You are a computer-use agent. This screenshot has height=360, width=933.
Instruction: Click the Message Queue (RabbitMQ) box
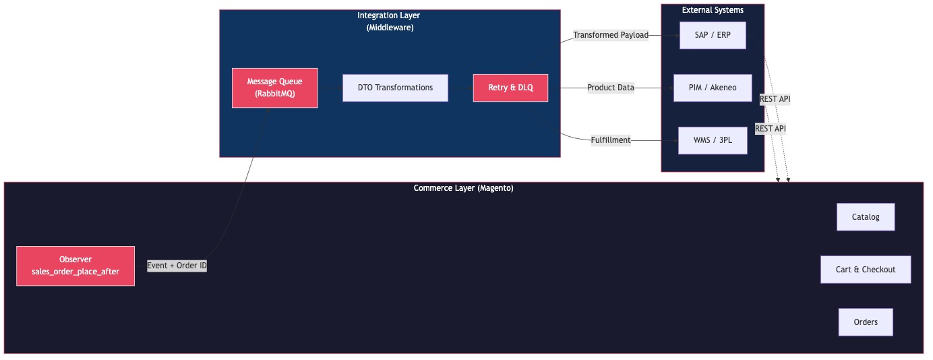[x=274, y=88]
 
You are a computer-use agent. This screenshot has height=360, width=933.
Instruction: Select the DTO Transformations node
[x=395, y=88]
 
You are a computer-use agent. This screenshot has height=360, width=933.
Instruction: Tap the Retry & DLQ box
[x=510, y=88]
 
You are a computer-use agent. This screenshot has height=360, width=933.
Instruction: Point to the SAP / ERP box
[x=712, y=35]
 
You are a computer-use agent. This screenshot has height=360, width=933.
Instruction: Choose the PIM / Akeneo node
[x=712, y=88]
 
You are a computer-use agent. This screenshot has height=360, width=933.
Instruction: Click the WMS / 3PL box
[x=712, y=140]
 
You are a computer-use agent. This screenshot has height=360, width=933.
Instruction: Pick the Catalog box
[x=865, y=217]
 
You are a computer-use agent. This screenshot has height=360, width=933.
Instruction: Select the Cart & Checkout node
[x=865, y=270]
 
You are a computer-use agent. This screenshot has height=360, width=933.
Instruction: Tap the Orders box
[x=865, y=322]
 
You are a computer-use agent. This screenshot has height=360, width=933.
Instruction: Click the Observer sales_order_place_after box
[x=76, y=266]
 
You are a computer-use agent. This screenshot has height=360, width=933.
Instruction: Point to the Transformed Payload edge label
[x=610, y=35]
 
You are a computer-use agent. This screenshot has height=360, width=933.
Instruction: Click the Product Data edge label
[x=610, y=88]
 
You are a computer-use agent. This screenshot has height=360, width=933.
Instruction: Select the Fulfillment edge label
[x=610, y=140]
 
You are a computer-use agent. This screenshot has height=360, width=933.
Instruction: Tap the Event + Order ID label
[x=177, y=266]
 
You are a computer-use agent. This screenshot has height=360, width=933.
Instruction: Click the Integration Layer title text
[x=390, y=16]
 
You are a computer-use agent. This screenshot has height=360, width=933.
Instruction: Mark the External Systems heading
[x=712, y=10]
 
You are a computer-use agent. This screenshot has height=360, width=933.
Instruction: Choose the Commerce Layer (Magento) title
[x=463, y=188]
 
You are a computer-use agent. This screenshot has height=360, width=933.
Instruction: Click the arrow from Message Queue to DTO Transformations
[x=330, y=88]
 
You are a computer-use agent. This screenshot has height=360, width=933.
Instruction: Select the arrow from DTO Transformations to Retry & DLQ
[x=460, y=88]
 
